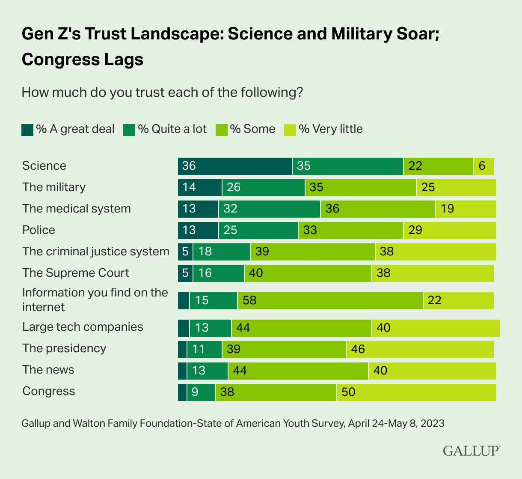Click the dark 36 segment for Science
235,166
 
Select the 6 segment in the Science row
483,166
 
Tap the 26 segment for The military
263,187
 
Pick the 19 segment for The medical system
466,209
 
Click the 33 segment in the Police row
350,230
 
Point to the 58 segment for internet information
330,300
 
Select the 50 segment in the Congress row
416,392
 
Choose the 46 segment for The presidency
420,349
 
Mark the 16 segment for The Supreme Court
218,273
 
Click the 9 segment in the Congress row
201,392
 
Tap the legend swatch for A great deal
27,130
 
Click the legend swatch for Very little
290,130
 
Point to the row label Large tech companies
83,327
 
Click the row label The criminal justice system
96,251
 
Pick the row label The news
48,370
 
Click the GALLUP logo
471,451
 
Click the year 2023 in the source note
432,424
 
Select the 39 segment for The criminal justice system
312,251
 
